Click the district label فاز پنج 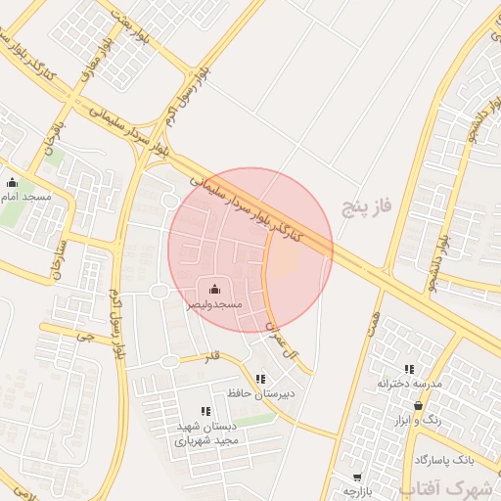367,205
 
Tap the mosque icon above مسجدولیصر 215,288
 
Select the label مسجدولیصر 214,304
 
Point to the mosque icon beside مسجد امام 12,182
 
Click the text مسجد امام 30,197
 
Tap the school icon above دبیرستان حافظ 259,379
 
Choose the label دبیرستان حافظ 259,393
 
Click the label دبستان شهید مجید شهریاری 206,434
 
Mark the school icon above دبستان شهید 205,412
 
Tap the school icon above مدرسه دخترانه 409,369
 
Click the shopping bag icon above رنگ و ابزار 419,405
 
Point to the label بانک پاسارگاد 443,459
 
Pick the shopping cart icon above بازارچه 357,478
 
